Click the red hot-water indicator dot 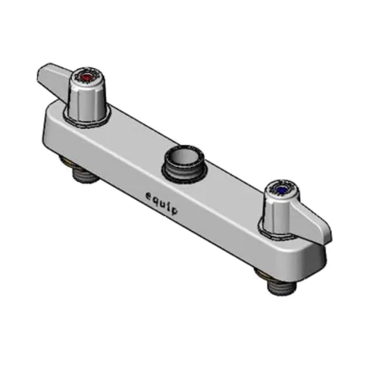pyautogui.click(x=86, y=77)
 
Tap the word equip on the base pyautogui.click(x=162, y=202)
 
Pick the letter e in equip pyautogui.click(x=150, y=195)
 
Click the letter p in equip pyautogui.click(x=174, y=210)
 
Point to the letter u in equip pyautogui.click(x=164, y=202)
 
